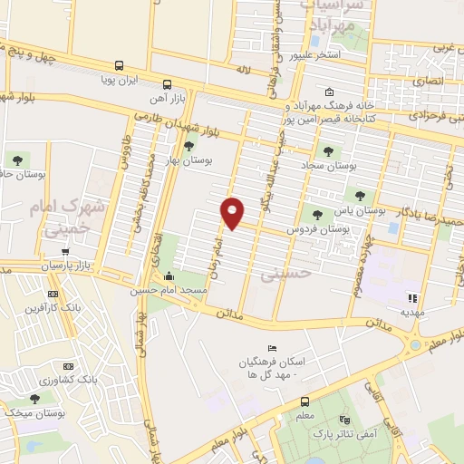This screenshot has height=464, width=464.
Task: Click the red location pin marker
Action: pyautogui.click(x=233, y=212)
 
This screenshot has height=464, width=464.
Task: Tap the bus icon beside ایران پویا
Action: pyautogui.click(x=120, y=65)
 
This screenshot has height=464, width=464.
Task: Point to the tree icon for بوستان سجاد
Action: pyautogui.click(x=327, y=150)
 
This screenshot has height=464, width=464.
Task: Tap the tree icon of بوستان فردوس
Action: pyautogui.click(x=316, y=215)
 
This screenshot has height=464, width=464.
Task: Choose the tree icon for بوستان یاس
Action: pyautogui.click(x=361, y=196)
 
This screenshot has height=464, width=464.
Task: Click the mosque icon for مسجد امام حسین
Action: pyautogui.click(x=169, y=276)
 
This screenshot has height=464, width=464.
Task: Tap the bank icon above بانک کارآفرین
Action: pyautogui.click(x=53, y=294)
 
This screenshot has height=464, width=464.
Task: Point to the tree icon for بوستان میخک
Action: pyautogui.click(x=34, y=398)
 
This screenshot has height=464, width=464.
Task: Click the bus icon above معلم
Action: pyautogui.click(x=305, y=401)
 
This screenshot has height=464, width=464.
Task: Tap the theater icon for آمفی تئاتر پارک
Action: pyautogui.click(x=343, y=420)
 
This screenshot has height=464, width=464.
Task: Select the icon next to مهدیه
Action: pyautogui.click(x=412, y=297)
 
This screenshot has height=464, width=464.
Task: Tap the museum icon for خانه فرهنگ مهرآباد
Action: pyautogui.click(x=329, y=92)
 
